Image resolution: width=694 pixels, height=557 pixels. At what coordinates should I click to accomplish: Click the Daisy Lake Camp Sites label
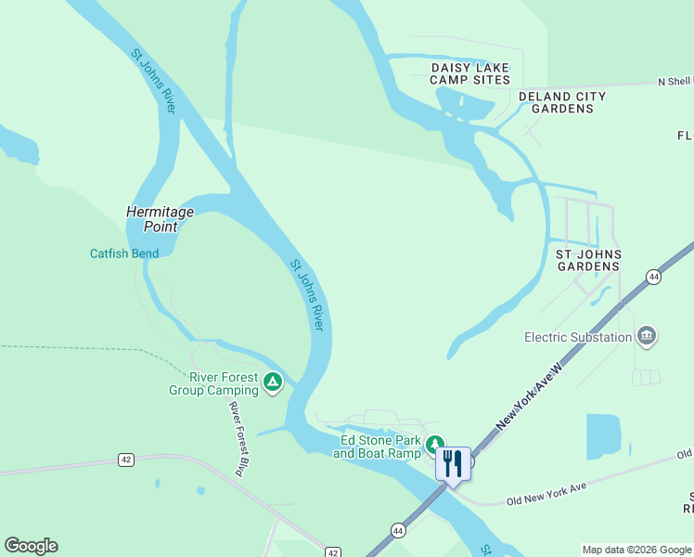coord(470,73)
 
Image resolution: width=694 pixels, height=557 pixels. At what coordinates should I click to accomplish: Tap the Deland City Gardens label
coord(562,102)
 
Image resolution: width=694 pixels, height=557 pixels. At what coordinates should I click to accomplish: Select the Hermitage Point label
coord(160,218)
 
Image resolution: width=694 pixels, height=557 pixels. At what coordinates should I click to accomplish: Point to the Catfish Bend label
coord(124,253)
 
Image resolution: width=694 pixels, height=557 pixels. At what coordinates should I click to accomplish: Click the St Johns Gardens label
coord(587,260)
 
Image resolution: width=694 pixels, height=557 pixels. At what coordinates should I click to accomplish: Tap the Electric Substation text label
coord(578,337)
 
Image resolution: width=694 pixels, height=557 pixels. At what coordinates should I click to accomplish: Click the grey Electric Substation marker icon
coord(648,335)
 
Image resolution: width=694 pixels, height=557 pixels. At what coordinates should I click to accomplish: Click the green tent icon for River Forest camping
coord(272,382)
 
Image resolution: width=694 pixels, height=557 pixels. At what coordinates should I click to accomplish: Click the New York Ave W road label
coord(530,395)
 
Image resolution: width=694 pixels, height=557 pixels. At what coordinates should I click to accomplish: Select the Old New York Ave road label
coord(546,494)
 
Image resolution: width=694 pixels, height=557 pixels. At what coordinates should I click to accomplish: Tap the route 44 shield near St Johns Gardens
coord(654,277)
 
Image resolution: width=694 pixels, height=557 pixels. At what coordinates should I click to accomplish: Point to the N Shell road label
coord(675,82)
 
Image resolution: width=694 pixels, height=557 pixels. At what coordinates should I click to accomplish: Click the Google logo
coord(31,546)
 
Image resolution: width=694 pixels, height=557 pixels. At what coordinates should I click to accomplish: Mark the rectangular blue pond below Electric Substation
coord(604,436)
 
